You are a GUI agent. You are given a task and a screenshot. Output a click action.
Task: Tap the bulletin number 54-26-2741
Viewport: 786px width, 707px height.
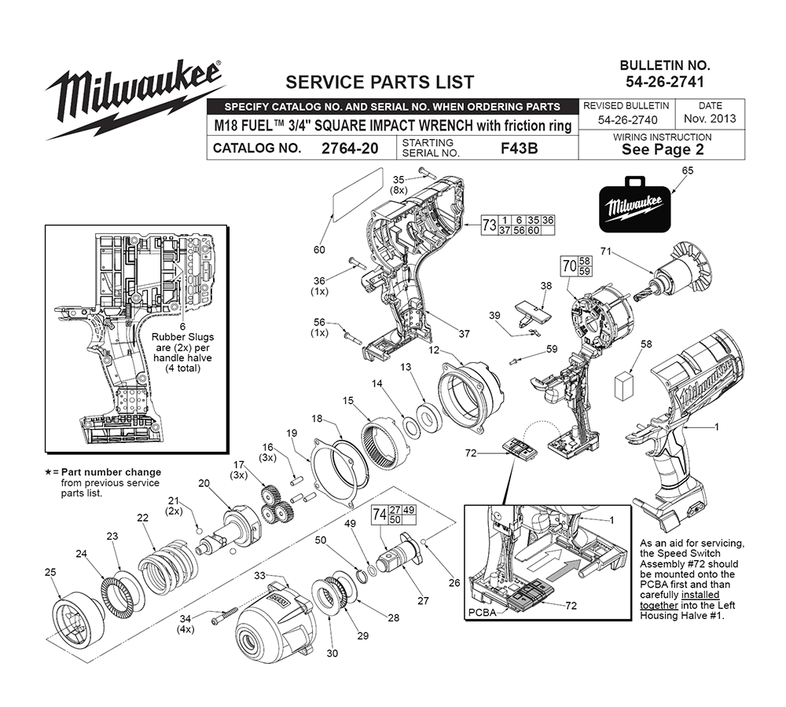(665, 82)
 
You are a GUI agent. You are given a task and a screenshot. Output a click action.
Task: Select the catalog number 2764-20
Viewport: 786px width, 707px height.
(350, 148)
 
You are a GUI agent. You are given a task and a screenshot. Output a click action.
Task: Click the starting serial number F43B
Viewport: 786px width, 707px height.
(520, 148)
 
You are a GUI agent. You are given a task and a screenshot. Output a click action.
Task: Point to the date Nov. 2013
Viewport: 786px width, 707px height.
(710, 119)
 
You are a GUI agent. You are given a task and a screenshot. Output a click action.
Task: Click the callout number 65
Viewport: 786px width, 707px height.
(688, 171)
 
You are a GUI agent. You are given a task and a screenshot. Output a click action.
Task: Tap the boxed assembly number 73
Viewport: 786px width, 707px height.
(489, 225)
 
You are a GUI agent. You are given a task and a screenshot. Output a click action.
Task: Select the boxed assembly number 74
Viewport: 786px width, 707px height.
(380, 515)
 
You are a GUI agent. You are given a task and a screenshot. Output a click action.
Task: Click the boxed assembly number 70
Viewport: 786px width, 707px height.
(569, 266)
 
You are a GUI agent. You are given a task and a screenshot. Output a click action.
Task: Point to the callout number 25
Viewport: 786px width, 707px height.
(50, 572)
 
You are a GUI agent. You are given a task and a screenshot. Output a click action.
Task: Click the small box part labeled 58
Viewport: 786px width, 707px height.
(623, 386)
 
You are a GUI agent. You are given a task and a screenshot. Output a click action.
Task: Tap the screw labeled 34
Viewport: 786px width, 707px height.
(225, 616)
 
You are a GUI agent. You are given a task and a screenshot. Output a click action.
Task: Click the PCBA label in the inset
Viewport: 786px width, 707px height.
(482, 612)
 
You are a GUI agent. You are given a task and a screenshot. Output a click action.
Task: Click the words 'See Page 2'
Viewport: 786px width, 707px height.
(663, 149)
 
